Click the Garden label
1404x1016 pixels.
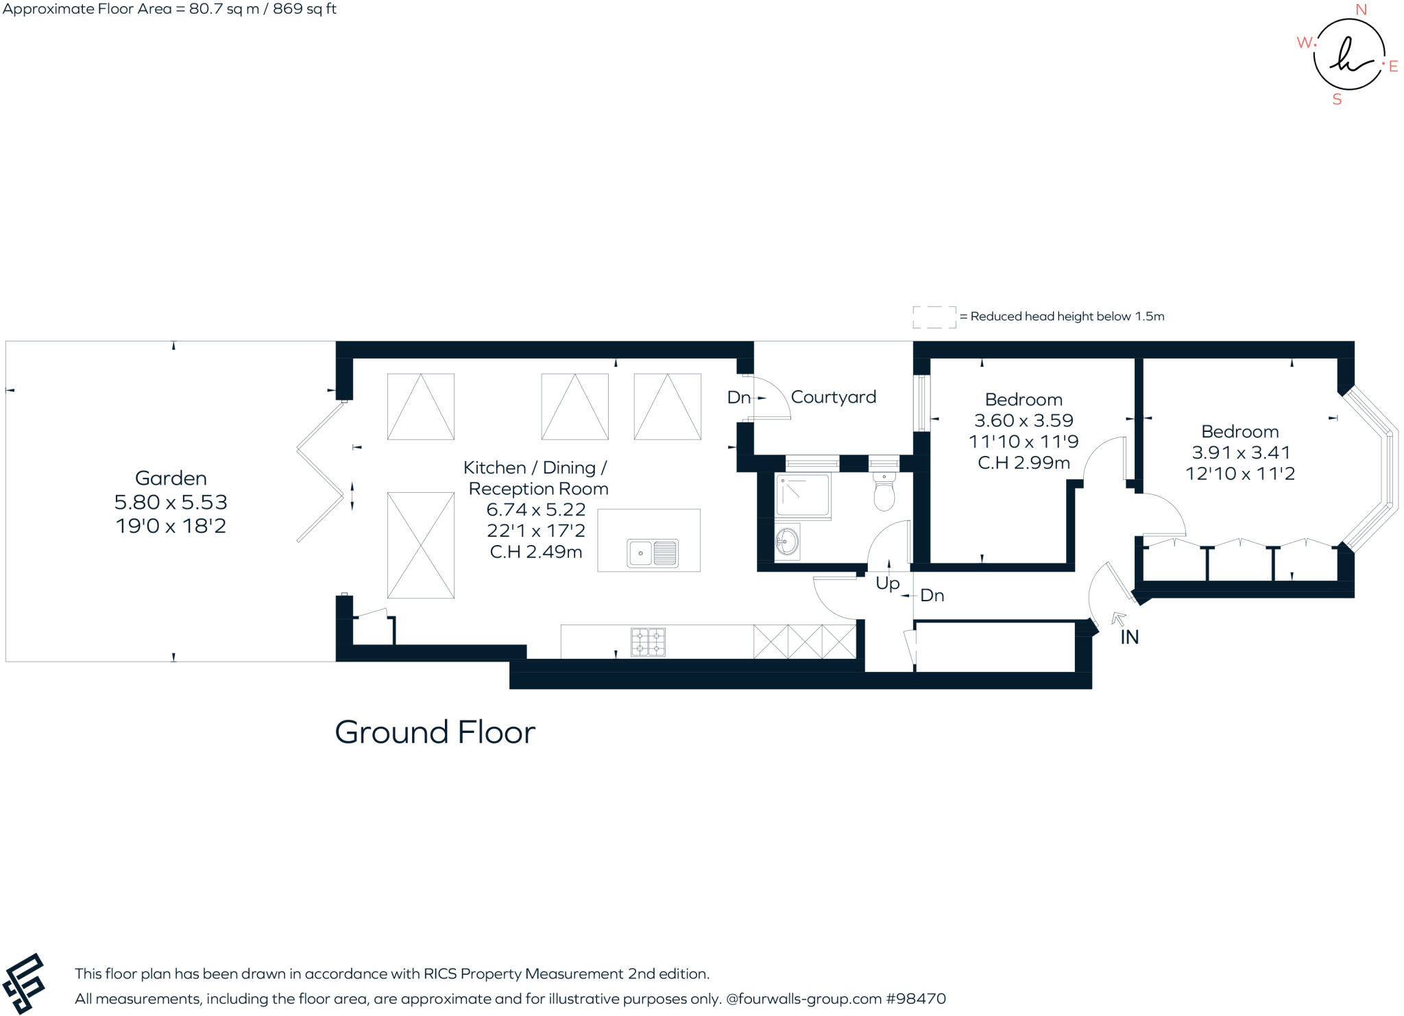pos(171,478)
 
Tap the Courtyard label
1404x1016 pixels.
pos(833,397)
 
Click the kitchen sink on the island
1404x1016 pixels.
pos(652,553)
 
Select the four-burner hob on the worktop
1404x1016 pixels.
pos(648,642)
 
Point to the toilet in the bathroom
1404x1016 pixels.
pos(884,494)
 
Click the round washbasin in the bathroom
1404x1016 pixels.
pos(786,542)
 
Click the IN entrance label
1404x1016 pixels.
pos(1129,637)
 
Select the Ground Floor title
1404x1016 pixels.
pos(435,732)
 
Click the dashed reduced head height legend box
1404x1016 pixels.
pos(934,317)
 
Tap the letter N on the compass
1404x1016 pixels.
pos(1361,10)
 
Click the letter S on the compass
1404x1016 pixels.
pos(1336,99)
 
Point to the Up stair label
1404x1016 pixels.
pos(887,583)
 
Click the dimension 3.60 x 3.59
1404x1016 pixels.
pos(1023,420)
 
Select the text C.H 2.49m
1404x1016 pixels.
pos(535,552)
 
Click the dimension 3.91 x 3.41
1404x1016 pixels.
pos(1240,452)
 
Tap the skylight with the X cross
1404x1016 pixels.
pos(420,545)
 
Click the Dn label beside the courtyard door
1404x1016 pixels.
pos(738,397)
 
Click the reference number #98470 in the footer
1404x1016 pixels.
pos(916,998)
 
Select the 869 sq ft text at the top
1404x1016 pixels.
pos(304,9)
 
